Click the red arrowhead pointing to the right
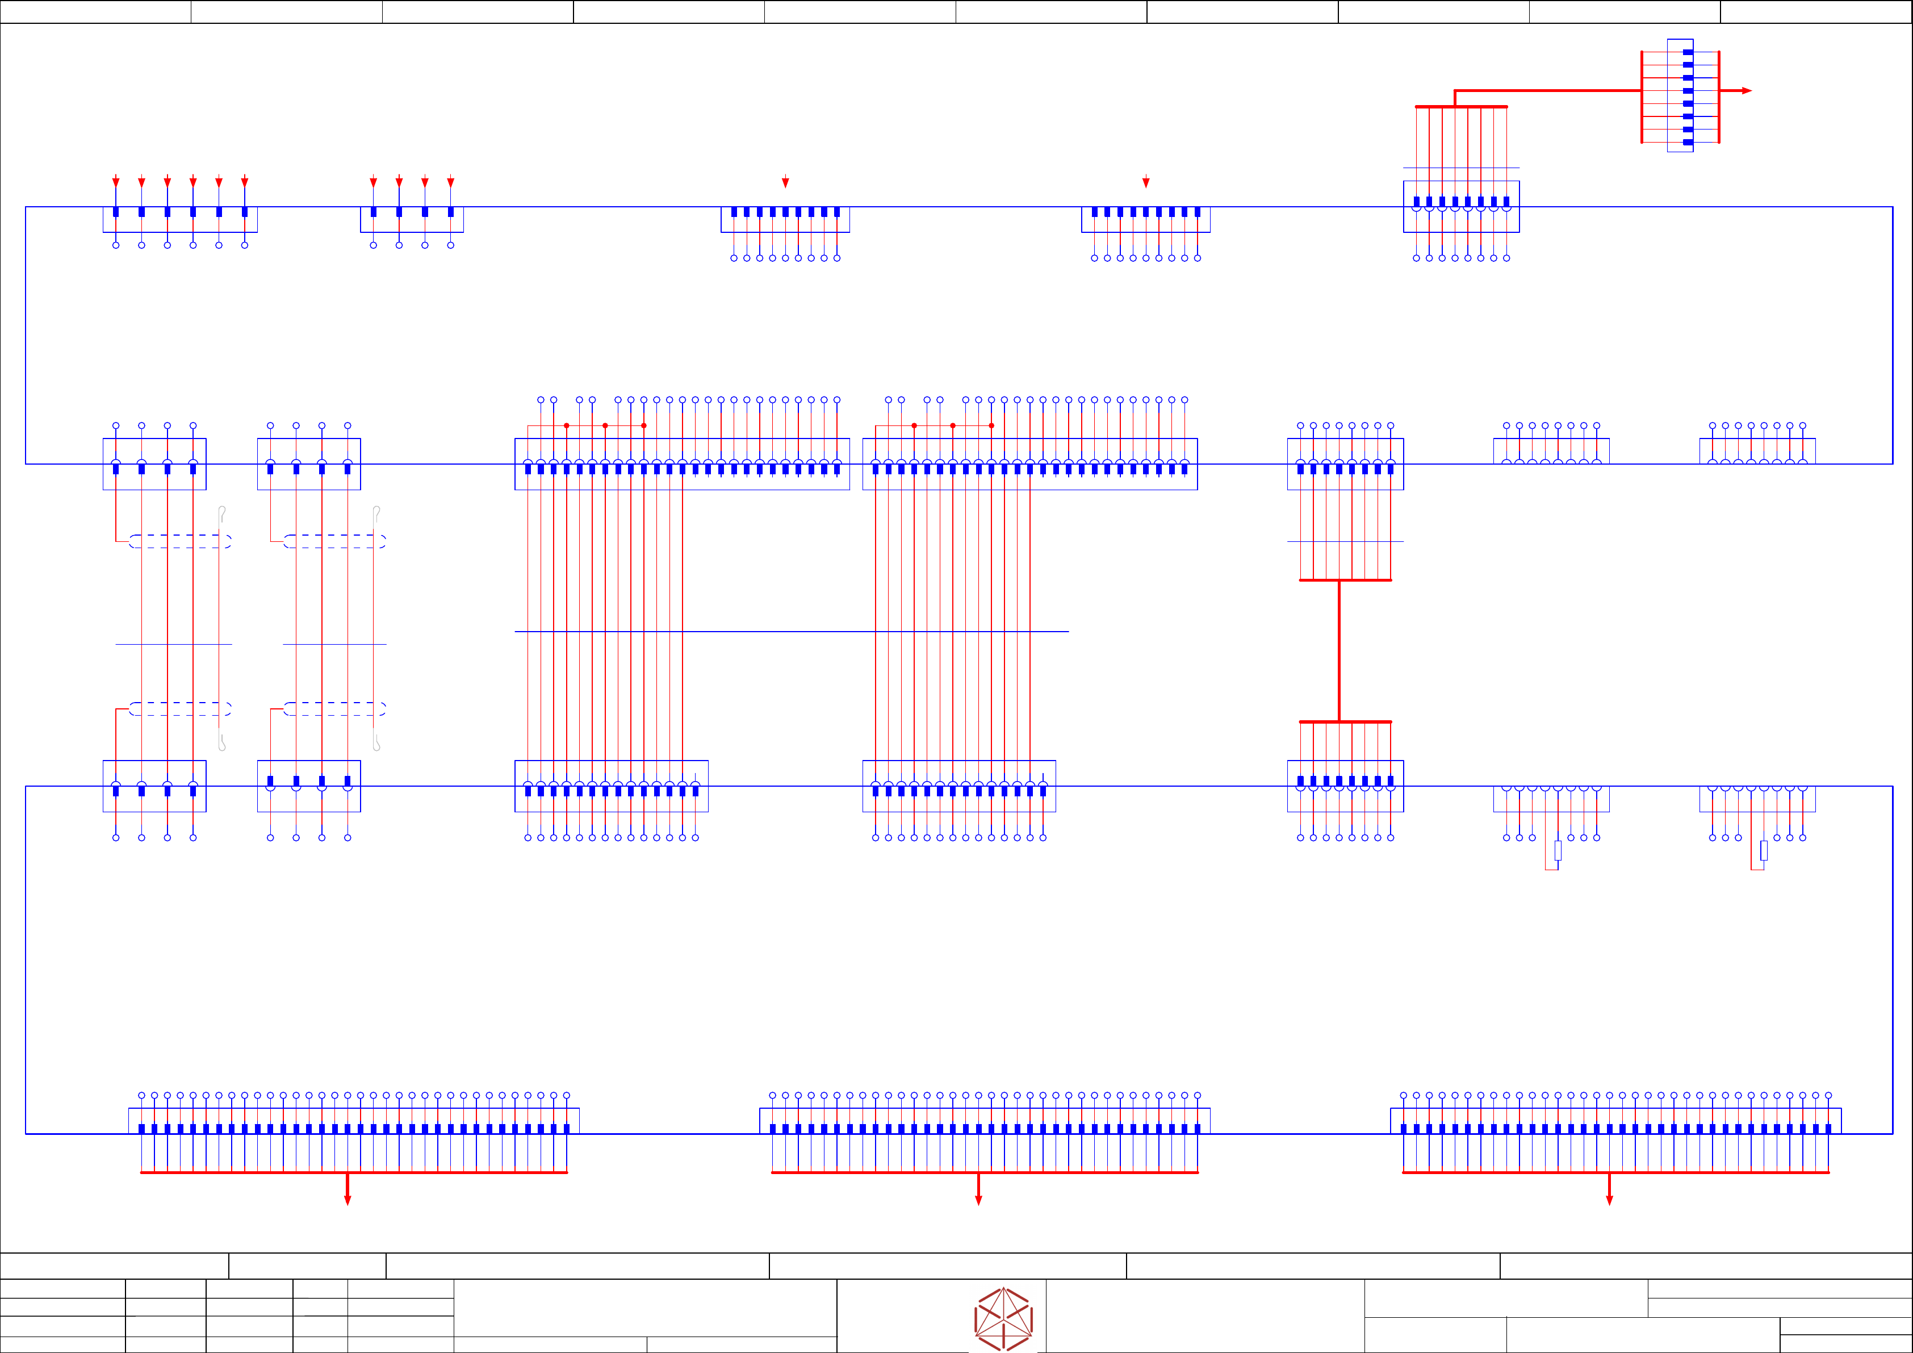pos(1747,91)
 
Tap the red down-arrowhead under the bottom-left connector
pos(348,1200)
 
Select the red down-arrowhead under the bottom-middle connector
pos(978,1200)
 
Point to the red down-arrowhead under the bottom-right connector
pos(1609,1200)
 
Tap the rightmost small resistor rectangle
pos(1764,850)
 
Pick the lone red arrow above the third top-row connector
pos(785,182)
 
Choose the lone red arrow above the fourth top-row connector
pos(1146,182)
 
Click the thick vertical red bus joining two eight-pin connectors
pos(1339,650)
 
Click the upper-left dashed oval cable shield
pos(180,541)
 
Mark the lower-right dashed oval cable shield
pos(334,709)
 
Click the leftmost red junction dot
pos(567,425)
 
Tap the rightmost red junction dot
pos(991,425)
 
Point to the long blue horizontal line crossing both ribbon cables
pos(792,631)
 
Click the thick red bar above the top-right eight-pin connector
pos(1462,107)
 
